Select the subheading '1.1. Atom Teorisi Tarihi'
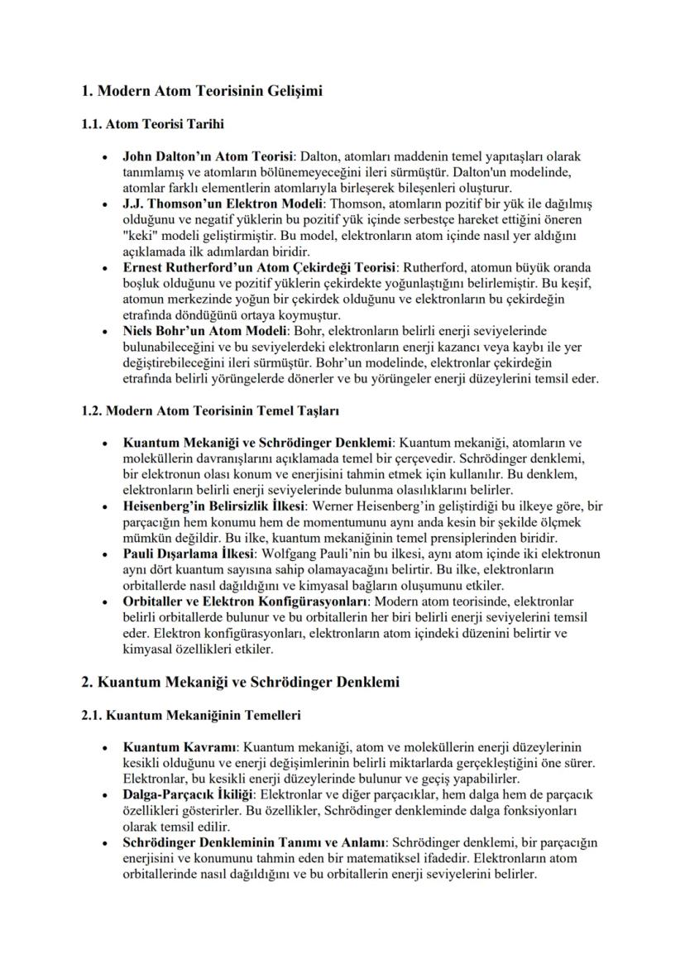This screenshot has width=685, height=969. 153,124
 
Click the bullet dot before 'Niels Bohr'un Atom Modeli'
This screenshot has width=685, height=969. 103,331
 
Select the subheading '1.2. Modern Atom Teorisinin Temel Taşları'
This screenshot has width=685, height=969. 209,410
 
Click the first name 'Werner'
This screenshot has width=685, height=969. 338,505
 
